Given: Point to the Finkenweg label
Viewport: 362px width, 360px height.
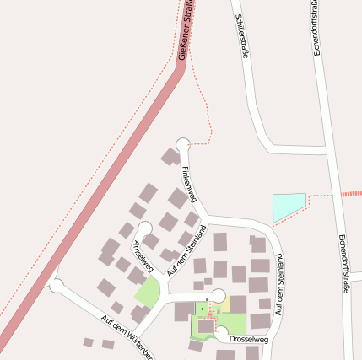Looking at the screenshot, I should coord(188,184).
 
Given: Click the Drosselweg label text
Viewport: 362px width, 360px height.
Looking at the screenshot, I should coord(248,340).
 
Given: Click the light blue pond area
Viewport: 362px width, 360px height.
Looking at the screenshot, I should coord(288,206).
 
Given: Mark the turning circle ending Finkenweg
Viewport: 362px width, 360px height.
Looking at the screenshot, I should coord(182,145).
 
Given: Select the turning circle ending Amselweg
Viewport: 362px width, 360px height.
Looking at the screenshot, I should coord(144,228).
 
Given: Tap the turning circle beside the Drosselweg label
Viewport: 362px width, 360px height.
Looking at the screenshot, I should coord(222,336).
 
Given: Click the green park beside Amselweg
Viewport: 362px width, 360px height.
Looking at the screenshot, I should coord(148,293).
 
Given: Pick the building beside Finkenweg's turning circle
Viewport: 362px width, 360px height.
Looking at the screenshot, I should coord(170,157).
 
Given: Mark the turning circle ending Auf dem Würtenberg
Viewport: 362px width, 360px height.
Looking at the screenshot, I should coord(57,285).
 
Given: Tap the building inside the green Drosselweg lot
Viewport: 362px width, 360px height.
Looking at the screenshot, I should coord(206,325).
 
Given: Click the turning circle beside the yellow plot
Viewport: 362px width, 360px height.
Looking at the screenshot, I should coord(218,295).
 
